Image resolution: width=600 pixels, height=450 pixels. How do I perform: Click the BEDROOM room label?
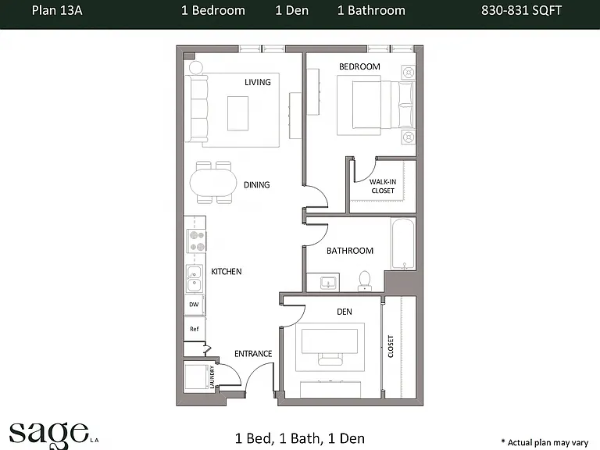(x=359, y=66)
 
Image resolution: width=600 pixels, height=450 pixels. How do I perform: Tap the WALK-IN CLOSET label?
(x=383, y=187)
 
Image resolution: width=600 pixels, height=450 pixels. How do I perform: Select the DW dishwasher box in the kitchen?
(x=194, y=305)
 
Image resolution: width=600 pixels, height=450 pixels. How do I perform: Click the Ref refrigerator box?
(x=195, y=329)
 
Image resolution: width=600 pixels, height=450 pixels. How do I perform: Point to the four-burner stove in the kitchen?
(x=196, y=241)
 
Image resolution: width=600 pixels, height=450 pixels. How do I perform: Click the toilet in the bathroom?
(x=364, y=281)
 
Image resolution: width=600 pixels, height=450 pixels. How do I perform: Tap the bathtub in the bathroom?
(x=403, y=244)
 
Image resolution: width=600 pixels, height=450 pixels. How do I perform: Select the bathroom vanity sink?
(x=328, y=283)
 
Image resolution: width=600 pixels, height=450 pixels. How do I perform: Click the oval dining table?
(x=213, y=183)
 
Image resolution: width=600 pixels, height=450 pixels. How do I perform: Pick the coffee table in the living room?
(x=237, y=113)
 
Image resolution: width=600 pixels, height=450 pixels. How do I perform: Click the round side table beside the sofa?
(x=195, y=67)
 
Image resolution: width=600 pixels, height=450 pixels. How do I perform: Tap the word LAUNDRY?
(x=212, y=377)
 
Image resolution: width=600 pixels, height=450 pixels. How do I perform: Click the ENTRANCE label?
(x=253, y=354)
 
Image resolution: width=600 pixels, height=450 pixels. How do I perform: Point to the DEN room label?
(x=345, y=312)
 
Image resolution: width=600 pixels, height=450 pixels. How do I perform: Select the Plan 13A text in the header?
(x=57, y=10)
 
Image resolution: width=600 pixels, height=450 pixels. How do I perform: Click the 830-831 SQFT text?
(x=521, y=10)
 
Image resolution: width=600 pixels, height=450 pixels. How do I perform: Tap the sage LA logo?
(x=54, y=435)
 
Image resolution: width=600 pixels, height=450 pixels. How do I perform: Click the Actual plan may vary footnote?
(x=545, y=443)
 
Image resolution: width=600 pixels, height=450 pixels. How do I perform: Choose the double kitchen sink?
(x=195, y=278)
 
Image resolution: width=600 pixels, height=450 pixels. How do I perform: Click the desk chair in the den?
(x=330, y=359)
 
